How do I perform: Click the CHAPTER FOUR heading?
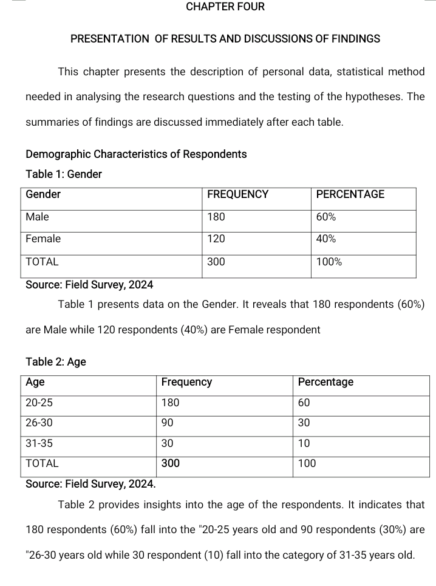pos(225,7)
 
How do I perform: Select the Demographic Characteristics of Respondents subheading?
pos(136,154)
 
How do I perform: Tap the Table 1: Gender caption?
pos(64,174)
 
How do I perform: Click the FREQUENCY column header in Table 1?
pos(237,194)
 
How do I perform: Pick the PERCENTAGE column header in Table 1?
pos(350,194)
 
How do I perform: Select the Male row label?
pos(37,217)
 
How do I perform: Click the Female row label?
pos(43,239)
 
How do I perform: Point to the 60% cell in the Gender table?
pos(326,217)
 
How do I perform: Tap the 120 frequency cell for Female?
pos(216,239)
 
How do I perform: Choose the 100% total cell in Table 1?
pos(329,262)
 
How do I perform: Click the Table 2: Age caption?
pos(56,362)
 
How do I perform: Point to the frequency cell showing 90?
pos(168,423)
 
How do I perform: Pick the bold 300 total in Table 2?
pos(170,463)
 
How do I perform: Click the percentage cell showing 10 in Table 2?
pos(304,443)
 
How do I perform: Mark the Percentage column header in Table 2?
pos(325,382)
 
